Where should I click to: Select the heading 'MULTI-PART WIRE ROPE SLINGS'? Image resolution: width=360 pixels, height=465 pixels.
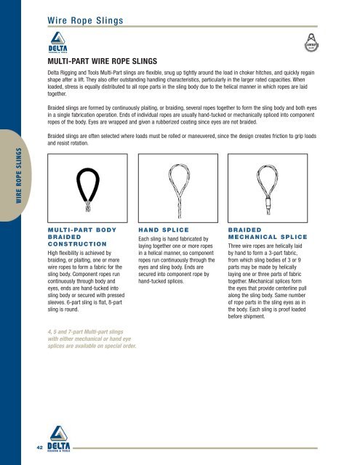[x=108, y=63]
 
